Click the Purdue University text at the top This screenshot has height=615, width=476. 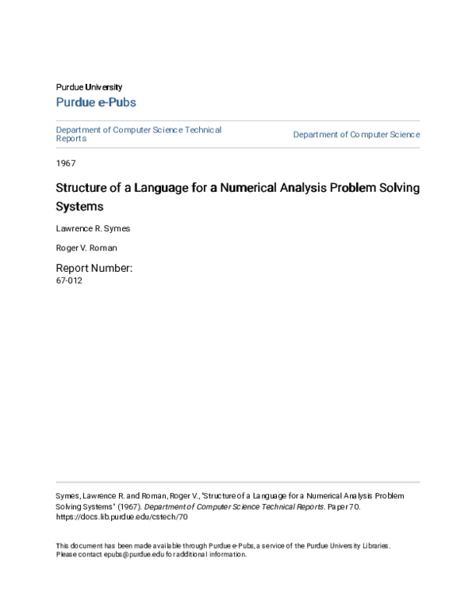(89, 87)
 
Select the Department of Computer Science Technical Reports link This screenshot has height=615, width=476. (139, 134)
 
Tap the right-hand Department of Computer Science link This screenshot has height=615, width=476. (356, 135)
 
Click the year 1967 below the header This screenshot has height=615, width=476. (66, 162)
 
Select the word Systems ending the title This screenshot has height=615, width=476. (79, 207)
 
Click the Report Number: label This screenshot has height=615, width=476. (93, 268)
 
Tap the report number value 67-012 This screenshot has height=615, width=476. (69, 281)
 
